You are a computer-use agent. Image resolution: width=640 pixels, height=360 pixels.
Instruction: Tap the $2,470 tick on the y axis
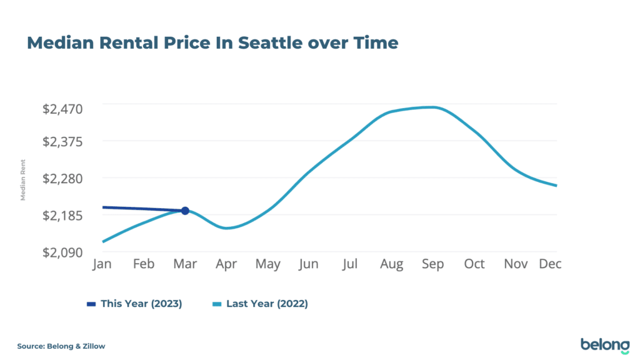[62, 109]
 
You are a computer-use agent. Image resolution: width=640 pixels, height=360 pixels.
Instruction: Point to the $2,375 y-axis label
[62, 141]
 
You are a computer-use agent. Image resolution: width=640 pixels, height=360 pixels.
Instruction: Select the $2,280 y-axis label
[62, 178]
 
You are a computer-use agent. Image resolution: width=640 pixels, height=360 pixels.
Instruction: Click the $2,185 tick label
[62, 215]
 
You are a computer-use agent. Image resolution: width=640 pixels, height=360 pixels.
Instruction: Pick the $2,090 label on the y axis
[62, 252]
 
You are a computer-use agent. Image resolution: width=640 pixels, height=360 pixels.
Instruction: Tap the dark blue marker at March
[185, 211]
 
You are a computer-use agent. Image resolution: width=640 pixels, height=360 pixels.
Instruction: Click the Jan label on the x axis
[102, 264]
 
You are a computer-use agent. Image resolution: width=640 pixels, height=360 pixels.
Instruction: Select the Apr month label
[226, 264]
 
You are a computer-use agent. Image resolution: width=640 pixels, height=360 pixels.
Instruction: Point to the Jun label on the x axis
[309, 264]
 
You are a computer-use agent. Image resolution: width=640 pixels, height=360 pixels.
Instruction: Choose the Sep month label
[432, 264]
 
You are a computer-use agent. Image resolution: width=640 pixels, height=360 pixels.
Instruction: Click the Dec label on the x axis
[550, 264]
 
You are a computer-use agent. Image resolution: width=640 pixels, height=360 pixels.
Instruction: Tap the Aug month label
[391, 264]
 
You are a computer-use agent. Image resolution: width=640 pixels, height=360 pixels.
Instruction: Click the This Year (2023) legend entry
[134, 304]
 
